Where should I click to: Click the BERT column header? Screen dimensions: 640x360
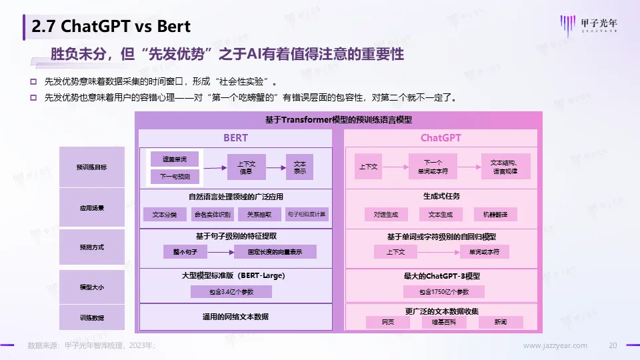click(x=235, y=138)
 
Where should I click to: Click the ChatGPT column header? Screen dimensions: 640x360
click(x=441, y=138)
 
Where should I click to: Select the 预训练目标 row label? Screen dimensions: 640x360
click(x=91, y=167)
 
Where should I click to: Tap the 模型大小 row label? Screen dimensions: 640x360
click(x=91, y=287)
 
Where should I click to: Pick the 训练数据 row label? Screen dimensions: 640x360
click(x=91, y=317)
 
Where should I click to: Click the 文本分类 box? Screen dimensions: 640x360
click(x=164, y=215)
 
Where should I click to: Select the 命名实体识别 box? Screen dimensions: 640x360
click(x=212, y=215)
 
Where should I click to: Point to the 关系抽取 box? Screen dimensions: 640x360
click(x=259, y=215)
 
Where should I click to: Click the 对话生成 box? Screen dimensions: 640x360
click(x=385, y=215)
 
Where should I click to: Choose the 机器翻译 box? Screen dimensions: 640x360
click(x=495, y=215)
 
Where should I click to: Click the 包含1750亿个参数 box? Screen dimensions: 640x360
click(x=443, y=292)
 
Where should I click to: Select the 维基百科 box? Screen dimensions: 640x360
click(x=443, y=322)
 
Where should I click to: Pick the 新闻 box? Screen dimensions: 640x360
click(x=501, y=322)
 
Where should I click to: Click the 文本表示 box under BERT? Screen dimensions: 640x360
click(x=299, y=167)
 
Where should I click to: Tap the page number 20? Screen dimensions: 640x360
click(x=614, y=345)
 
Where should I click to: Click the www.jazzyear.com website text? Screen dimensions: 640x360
click(x=555, y=345)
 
